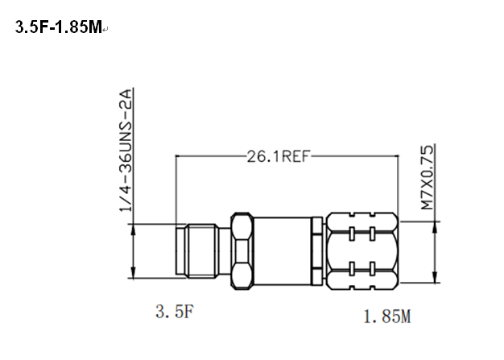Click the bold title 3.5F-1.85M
(59, 27)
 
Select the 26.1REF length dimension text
(278, 157)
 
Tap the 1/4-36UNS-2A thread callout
(126, 151)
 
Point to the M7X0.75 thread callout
(428, 177)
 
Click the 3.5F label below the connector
(175, 312)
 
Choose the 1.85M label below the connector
(387, 317)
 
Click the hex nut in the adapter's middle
(242, 251)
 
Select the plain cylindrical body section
(283, 251)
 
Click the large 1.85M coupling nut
(362, 251)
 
